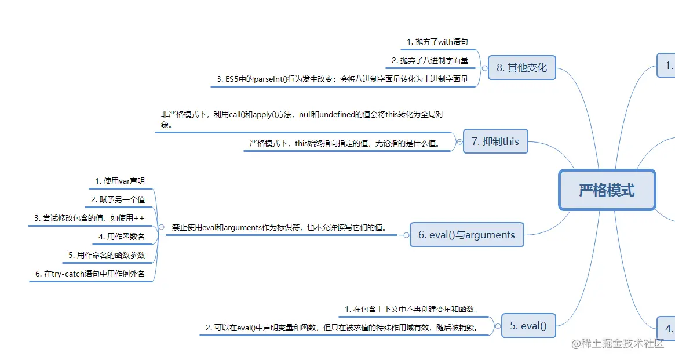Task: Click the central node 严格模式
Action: pos(607,190)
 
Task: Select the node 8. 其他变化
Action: pos(521,67)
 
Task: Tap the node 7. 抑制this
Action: pos(495,141)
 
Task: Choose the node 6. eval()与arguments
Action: pos(466,235)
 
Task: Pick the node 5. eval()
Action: pos(528,325)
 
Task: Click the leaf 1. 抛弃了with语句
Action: pos(437,42)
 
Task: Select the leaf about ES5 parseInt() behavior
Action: pos(342,79)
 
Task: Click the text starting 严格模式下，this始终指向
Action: pos(345,143)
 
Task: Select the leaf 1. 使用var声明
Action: pos(120,181)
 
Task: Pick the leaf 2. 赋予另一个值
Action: pos(118,199)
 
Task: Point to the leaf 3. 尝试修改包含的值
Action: pos(89,218)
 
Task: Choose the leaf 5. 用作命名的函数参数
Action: pos(107,255)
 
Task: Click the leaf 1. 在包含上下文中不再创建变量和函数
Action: pos(411,309)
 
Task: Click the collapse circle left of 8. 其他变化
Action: pos(484,67)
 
